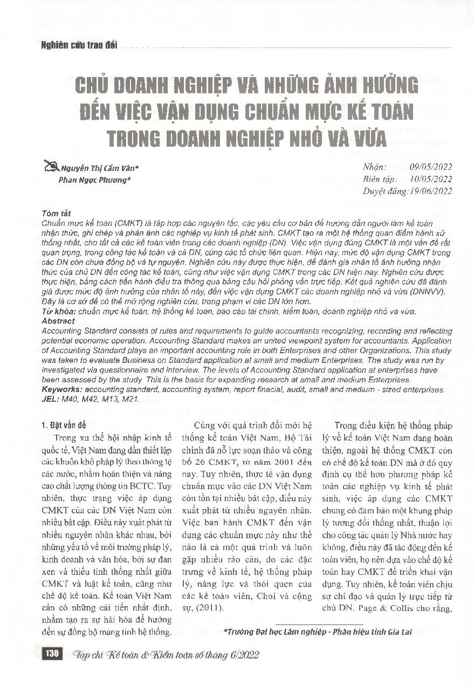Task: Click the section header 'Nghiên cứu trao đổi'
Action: pyautogui.click(x=79, y=46)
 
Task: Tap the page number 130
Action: pyautogui.click(x=52, y=654)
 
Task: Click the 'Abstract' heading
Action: pyautogui.click(x=58, y=320)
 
